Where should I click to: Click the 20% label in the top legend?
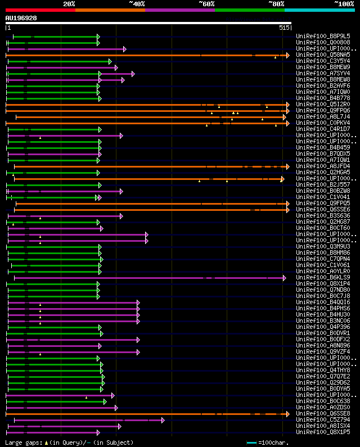point(69,3)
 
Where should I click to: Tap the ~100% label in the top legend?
point(344,3)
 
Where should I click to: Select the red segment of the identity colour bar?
point(40,10)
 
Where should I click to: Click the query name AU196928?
point(21,18)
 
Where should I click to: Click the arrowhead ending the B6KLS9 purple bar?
point(285,277)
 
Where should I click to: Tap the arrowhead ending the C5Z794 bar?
point(163,419)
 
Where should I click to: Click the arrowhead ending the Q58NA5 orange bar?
point(287,55)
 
